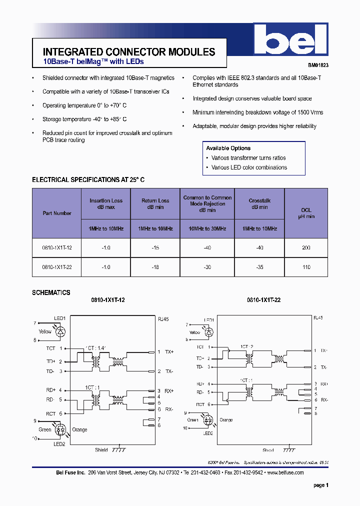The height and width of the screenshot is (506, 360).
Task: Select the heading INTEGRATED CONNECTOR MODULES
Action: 129,52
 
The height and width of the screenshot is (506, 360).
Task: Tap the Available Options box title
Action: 228,148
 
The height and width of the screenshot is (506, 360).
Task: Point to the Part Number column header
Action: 57,213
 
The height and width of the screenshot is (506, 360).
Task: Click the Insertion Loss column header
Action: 106,203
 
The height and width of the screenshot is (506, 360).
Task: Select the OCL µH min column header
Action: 306,213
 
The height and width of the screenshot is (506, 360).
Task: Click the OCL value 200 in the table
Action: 306,248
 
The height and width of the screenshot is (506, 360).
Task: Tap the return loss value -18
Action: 155,267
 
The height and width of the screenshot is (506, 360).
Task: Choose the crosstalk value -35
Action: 259,267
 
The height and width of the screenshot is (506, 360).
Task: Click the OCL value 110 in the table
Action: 306,267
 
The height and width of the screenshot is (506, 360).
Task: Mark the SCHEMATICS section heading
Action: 51,293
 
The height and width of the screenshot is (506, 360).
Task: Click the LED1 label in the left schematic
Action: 60,318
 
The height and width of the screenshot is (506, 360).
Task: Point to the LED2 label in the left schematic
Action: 59,444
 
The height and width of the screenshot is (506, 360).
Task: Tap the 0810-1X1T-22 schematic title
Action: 263,300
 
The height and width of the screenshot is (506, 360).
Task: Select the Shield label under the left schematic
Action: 101,450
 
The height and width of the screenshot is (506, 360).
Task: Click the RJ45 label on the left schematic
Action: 163,318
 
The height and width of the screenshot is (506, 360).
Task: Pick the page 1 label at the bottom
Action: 320,485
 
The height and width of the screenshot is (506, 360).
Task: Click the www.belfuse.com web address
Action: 285,472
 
